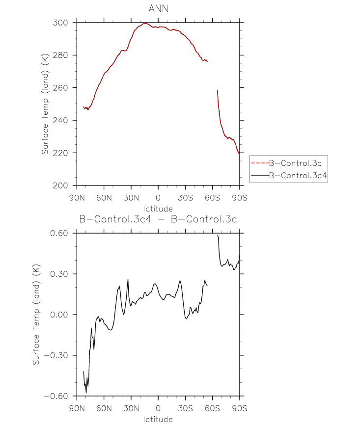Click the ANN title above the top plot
[159, 8]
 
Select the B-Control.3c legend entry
[295, 163]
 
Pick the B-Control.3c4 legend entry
[298, 175]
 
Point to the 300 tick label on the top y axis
[60, 23]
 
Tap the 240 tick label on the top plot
[60, 120]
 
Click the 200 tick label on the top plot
[60, 186]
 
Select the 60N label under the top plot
[104, 198]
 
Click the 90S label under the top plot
[240, 198]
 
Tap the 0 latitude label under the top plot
[158, 198]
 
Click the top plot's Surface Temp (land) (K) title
[45, 104]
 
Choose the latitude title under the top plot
[158, 209]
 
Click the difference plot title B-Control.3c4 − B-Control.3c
[158, 219]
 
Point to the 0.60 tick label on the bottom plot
[59, 233]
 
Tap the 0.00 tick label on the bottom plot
[59, 315]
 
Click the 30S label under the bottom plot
[185, 408]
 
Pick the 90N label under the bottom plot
[77, 408]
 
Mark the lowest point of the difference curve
[86, 393]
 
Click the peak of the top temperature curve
[145, 23]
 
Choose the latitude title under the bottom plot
[158, 419]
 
